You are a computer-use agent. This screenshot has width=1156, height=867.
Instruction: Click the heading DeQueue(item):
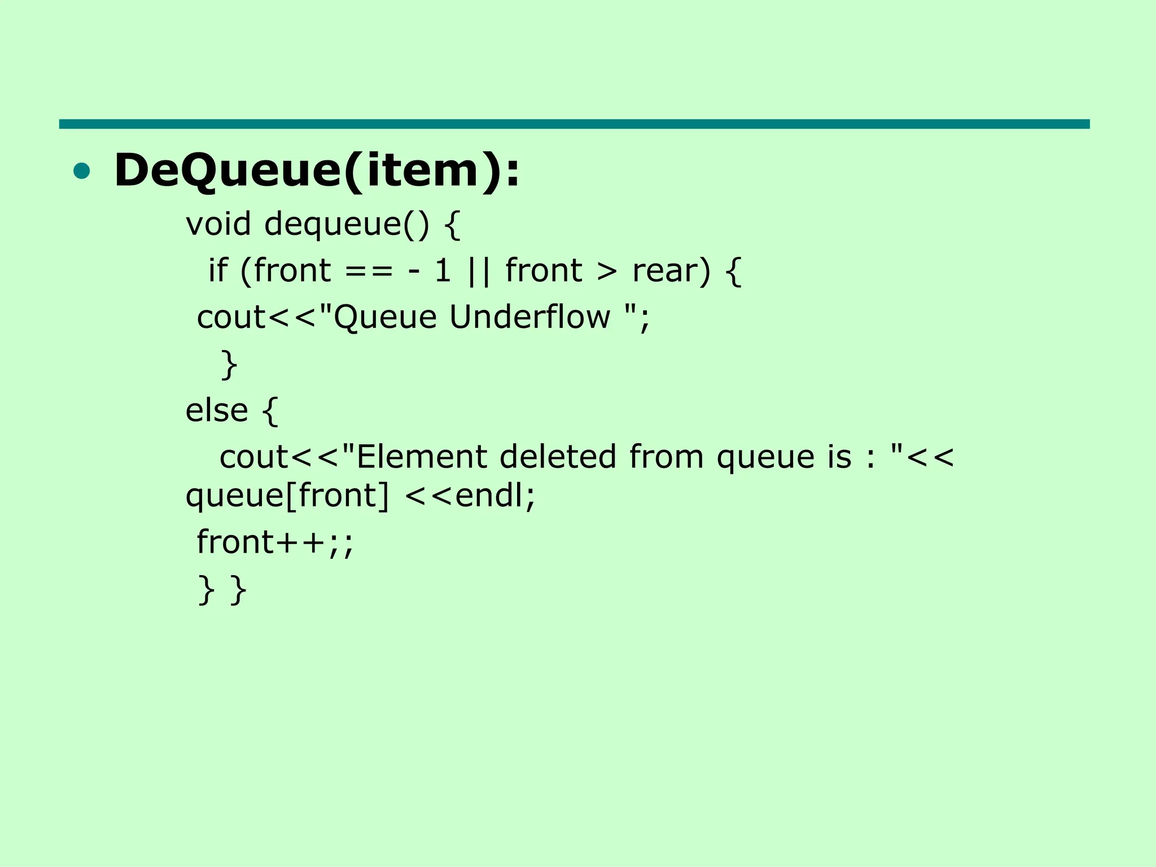[x=316, y=170]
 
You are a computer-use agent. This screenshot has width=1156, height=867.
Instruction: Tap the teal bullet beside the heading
[x=82, y=171]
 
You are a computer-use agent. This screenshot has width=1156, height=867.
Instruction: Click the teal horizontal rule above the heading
[x=574, y=124]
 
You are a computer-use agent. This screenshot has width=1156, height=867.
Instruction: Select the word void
[x=218, y=224]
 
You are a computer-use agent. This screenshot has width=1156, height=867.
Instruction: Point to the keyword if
[x=218, y=270]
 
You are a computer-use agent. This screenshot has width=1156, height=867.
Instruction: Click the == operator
[x=369, y=271]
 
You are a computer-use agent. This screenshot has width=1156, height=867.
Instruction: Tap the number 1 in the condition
[x=443, y=270]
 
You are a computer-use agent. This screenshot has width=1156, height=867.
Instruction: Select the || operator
[x=479, y=271]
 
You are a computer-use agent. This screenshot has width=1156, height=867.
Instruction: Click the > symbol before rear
[x=607, y=272]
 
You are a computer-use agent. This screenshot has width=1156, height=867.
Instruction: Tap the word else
[x=217, y=410]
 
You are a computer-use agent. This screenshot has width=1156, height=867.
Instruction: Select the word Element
[x=422, y=456]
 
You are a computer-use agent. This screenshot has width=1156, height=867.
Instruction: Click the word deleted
[x=558, y=456]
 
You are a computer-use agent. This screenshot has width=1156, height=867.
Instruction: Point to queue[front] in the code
[x=287, y=496]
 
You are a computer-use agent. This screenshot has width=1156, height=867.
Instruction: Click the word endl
[x=489, y=496]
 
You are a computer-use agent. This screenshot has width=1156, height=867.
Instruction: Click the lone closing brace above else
[x=229, y=364]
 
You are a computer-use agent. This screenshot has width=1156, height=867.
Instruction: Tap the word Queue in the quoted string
[x=386, y=317]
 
